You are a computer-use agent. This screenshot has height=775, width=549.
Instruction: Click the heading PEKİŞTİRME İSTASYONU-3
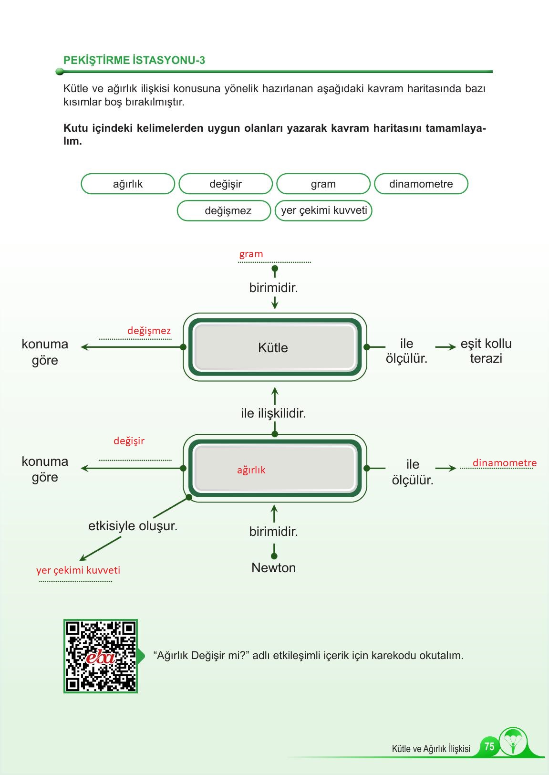click(134, 60)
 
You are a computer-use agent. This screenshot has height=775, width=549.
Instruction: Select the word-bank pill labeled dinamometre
click(421, 184)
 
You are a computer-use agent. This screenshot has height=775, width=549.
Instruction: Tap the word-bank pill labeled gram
click(323, 184)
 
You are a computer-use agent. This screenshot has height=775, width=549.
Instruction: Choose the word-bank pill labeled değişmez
click(228, 211)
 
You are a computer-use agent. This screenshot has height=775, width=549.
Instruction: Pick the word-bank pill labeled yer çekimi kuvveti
click(323, 210)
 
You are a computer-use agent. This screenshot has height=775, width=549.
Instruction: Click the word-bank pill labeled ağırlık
click(128, 184)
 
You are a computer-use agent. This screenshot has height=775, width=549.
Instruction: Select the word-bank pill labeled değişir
click(225, 184)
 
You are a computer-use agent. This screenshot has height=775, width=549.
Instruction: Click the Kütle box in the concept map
click(273, 347)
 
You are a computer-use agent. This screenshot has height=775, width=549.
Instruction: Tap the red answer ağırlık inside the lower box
click(251, 470)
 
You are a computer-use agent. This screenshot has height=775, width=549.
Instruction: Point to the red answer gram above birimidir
click(251, 254)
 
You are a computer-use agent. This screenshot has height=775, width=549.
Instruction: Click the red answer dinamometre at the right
click(504, 463)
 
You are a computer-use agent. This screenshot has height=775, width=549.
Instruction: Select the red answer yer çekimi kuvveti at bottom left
click(78, 570)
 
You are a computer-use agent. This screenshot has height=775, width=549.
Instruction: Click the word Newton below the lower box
click(273, 568)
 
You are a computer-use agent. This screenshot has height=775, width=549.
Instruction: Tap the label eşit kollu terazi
click(486, 351)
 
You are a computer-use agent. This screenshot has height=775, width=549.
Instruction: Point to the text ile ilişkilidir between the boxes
click(273, 413)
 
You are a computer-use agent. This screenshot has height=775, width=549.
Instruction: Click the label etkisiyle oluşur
click(133, 526)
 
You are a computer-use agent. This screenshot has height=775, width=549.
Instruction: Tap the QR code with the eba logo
click(101, 656)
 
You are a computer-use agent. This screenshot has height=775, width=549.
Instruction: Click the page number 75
click(489, 746)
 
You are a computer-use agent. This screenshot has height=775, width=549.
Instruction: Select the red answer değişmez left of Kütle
click(149, 331)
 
